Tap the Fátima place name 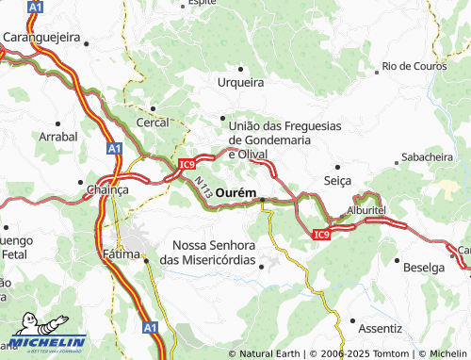click(120, 254)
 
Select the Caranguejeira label click(41, 37)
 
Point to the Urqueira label click(241, 82)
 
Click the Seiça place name click(337, 179)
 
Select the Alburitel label click(366, 211)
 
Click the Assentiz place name click(381, 329)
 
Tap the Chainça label click(106, 188)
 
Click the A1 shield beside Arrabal click(114, 148)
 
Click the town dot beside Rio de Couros click(379, 68)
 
